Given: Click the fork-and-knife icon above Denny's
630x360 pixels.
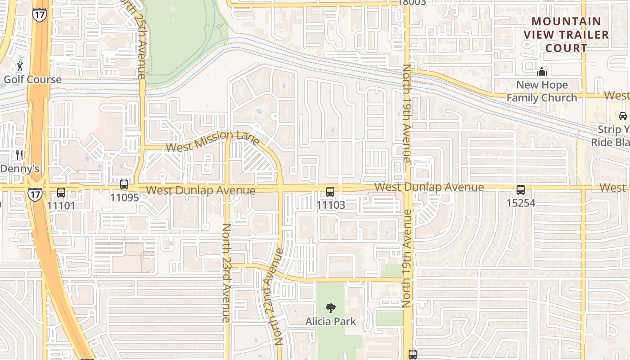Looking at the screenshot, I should pyautogui.click(x=19, y=156).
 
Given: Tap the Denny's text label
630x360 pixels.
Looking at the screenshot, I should pyautogui.click(x=20, y=169).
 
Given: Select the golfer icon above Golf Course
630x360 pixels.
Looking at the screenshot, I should pyautogui.click(x=19, y=67).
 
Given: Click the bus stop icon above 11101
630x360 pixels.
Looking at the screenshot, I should pyautogui.click(x=61, y=193).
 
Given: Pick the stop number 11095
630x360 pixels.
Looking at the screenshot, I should pyautogui.click(x=124, y=197).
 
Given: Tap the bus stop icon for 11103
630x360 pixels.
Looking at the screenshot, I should pyautogui.click(x=330, y=192).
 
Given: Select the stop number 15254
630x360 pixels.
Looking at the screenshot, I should pyautogui.click(x=521, y=203).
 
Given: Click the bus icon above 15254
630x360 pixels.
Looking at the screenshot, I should pyautogui.click(x=521, y=190).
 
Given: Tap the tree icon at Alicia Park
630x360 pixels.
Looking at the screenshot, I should pyautogui.click(x=331, y=308).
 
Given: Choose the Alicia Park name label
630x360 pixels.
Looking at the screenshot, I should pyautogui.click(x=331, y=321).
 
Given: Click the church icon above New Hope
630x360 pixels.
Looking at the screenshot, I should pyautogui.click(x=542, y=72).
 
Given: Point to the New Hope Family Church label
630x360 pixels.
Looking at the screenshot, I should pyautogui.click(x=542, y=91).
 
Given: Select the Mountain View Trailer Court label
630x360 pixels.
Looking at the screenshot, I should pyautogui.click(x=566, y=35).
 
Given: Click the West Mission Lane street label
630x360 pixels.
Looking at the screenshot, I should pyautogui.click(x=212, y=141).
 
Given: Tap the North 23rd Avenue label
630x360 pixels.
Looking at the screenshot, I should pyautogui.click(x=226, y=273).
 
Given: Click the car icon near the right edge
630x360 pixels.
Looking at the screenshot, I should pyautogui.click(x=623, y=116).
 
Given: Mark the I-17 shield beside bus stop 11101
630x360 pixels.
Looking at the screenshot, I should pyautogui.click(x=35, y=194).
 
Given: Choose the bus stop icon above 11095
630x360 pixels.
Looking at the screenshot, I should pyautogui.click(x=124, y=184).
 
